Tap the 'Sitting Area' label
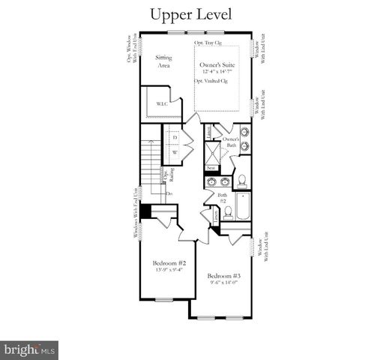pyautogui.click(x=163, y=61)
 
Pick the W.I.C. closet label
pyautogui.click(x=162, y=104)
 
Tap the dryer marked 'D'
pyautogui.click(x=175, y=138)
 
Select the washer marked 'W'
pyautogui.click(x=175, y=153)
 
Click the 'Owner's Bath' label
pyautogui.click(x=232, y=142)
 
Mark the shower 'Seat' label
pyautogui.click(x=212, y=169)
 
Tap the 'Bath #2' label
pyautogui.click(x=223, y=198)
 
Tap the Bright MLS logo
pyautogui.click(x=30, y=349)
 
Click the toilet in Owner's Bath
pyautogui.click(x=243, y=180)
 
